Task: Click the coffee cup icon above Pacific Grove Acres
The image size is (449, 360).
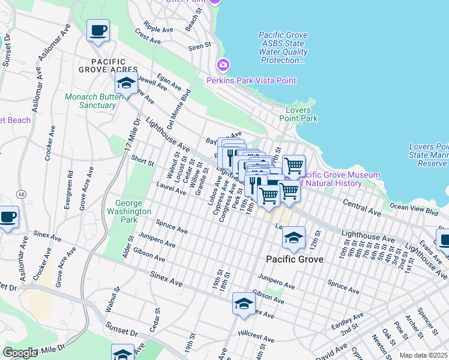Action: click(98, 30)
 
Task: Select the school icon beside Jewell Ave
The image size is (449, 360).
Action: click(125, 84)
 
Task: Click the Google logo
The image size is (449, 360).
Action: click(20, 353)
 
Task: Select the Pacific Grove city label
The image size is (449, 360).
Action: click(295, 260)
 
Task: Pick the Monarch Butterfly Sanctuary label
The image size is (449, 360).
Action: click(89, 101)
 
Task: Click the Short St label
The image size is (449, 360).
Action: click(142, 161)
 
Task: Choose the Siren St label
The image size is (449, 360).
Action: click(200, 45)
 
